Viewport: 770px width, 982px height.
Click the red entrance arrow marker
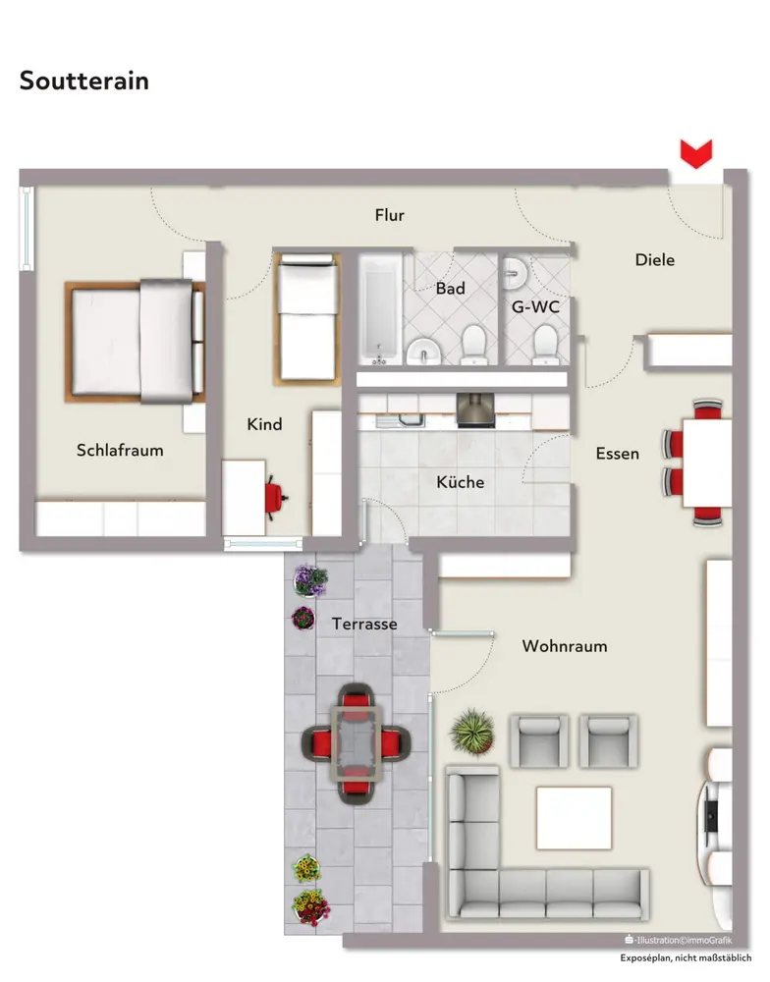click(696, 153)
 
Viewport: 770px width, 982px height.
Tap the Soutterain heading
click(83, 81)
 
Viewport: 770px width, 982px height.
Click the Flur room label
click(390, 215)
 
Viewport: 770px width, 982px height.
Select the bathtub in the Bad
click(380, 308)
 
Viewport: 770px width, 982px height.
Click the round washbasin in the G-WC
click(517, 274)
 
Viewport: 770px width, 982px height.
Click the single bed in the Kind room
click(307, 319)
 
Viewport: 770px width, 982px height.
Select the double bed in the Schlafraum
click(136, 342)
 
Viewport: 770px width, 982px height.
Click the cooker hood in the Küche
click(475, 410)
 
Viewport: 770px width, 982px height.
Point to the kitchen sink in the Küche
click(400, 419)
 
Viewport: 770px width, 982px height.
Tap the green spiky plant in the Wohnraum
click(472, 732)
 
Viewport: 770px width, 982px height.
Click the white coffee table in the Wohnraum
click(574, 818)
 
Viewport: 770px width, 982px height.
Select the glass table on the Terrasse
click(357, 743)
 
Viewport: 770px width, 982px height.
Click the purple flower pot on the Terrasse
click(310, 581)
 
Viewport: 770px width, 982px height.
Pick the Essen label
click(617, 454)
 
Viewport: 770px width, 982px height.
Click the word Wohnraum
click(565, 646)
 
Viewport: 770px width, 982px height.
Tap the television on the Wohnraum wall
click(709, 815)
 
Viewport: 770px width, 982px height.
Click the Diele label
click(655, 260)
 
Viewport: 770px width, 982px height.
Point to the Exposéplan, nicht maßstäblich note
click(686, 958)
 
